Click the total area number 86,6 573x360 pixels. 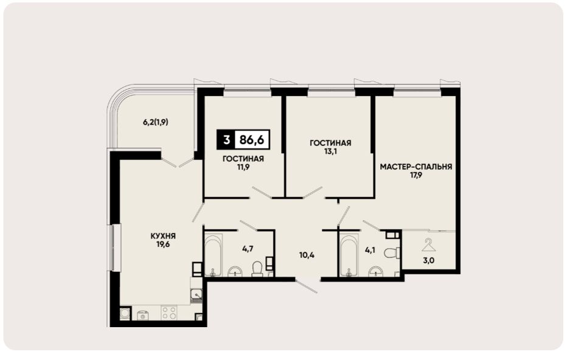pyautogui.click(x=252, y=140)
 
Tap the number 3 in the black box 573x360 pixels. pyautogui.click(x=226, y=140)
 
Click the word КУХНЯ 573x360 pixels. pyautogui.click(x=163, y=236)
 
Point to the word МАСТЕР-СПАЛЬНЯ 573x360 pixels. pyautogui.click(x=416, y=167)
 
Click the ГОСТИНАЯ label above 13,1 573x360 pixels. pyautogui.click(x=330, y=143)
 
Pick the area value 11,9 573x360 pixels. pyautogui.click(x=243, y=167)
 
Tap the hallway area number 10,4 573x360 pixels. pyautogui.click(x=307, y=255)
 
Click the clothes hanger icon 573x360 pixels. pyautogui.click(x=429, y=245)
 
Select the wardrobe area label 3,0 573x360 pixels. pyautogui.click(x=429, y=261)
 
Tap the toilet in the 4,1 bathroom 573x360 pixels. pyautogui.click(x=393, y=252)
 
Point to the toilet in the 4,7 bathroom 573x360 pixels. pyautogui.click(x=257, y=269)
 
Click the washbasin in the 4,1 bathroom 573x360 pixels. pyautogui.click(x=376, y=272)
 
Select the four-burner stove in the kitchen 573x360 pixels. pyautogui.click(x=169, y=313)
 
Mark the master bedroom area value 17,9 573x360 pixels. pyautogui.click(x=416, y=175)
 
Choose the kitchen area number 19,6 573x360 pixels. pyautogui.click(x=163, y=244)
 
